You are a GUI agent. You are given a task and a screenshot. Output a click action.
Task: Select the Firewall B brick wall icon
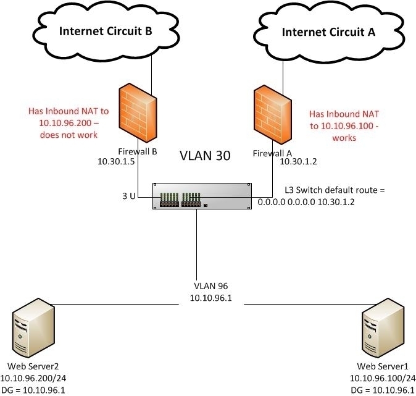pos(135,116)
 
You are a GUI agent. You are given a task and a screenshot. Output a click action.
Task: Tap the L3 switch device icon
pos(202,197)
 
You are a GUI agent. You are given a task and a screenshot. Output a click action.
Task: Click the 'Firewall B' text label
pos(138,151)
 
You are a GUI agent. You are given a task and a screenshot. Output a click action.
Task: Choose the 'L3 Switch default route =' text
pos(335,190)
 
